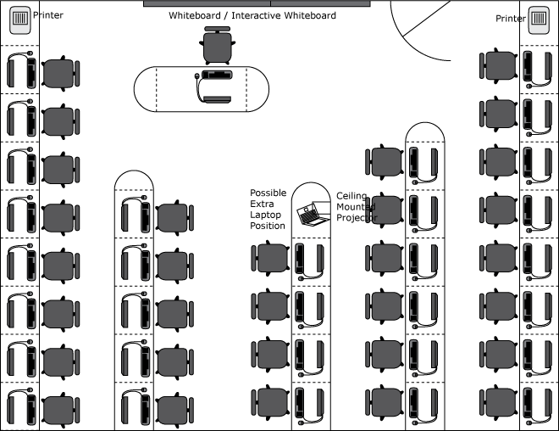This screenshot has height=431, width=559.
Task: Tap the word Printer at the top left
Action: (47, 15)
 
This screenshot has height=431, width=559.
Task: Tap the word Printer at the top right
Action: (510, 19)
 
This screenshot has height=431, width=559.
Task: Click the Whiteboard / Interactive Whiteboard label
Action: (252, 16)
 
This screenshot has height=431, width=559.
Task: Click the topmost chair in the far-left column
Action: (60, 73)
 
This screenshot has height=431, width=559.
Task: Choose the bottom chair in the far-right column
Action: (499, 400)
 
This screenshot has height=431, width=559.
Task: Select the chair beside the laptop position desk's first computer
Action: (271, 258)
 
